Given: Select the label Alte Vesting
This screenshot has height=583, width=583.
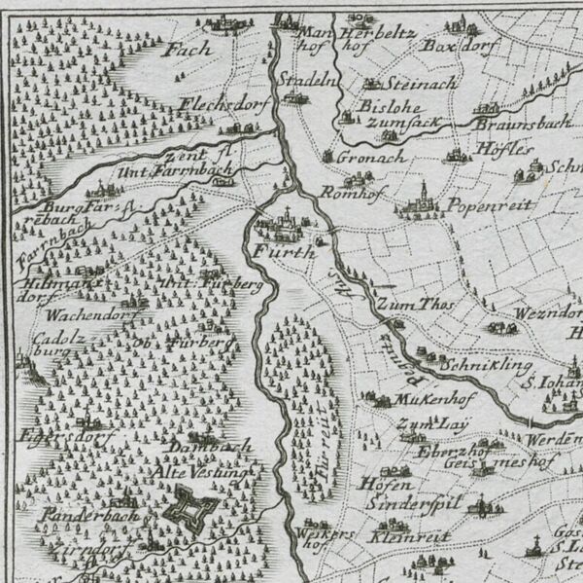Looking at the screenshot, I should click(204, 473).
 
